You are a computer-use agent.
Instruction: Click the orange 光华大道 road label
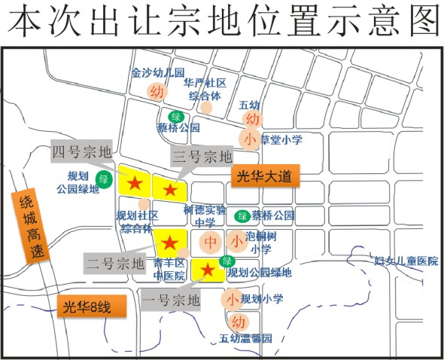tap(264, 176)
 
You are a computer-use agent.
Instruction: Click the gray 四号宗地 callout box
tap(81, 152)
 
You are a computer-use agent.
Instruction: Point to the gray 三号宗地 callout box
tap(202, 157)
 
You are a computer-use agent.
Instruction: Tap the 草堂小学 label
tap(281, 139)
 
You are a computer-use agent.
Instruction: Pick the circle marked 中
tap(211, 243)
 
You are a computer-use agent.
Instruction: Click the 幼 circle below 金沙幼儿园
tap(157, 92)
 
